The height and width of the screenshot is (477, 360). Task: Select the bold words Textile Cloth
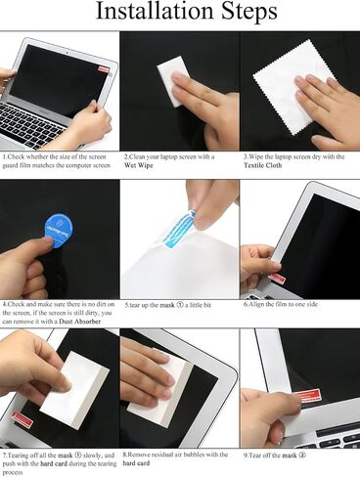(264, 165)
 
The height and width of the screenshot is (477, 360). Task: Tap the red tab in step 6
(277, 278)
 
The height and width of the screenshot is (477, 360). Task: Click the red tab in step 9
(310, 396)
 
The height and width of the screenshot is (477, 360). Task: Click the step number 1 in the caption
(4, 155)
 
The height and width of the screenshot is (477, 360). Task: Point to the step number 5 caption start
(126, 304)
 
